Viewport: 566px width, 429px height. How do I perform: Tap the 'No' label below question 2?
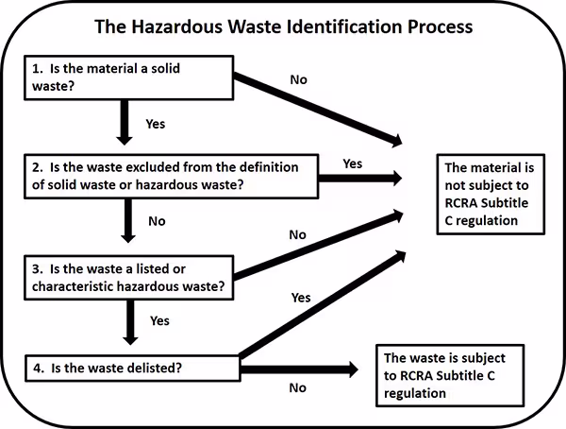coord(157,221)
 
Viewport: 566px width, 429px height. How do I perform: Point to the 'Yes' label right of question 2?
coord(352,163)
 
